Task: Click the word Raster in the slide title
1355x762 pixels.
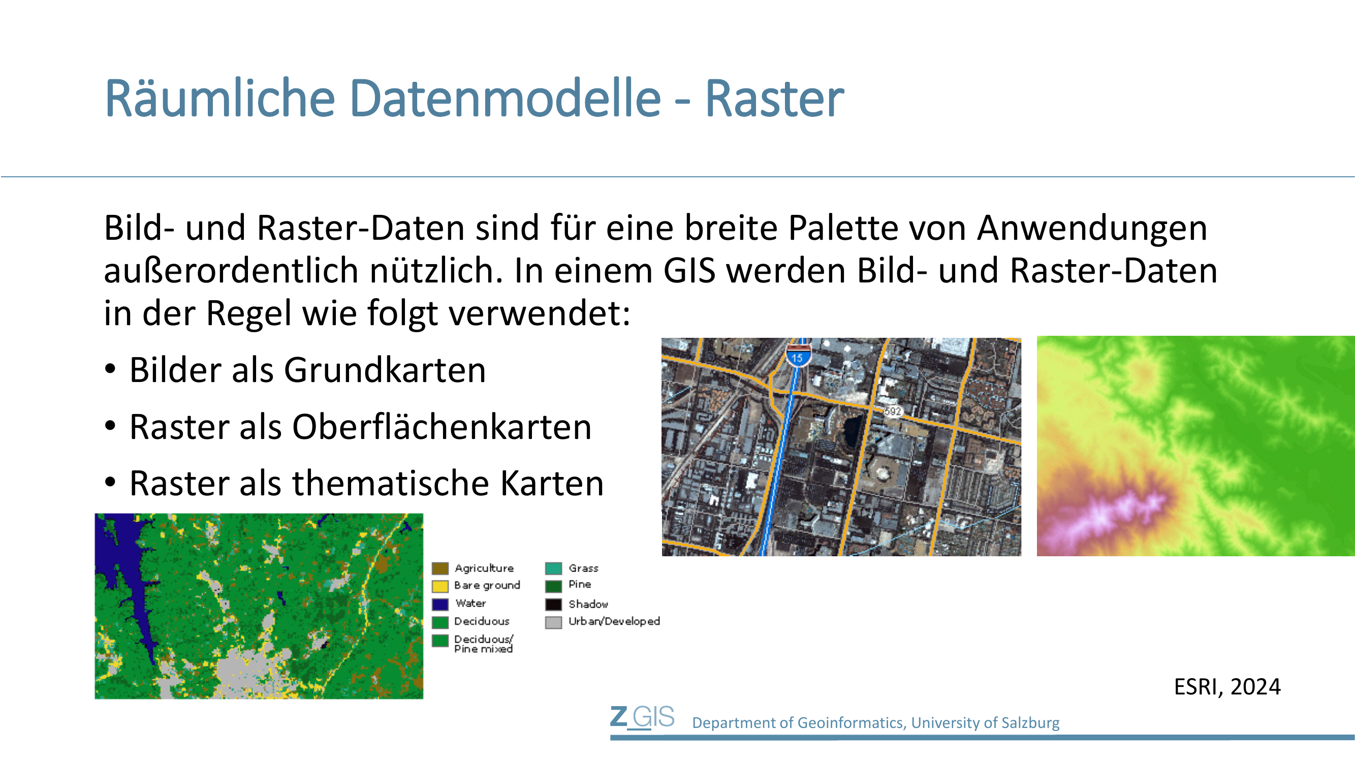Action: [x=774, y=99]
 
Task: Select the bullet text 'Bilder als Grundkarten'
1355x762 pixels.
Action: [x=308, y=370]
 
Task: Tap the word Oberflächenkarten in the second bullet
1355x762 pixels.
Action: [x=442, y=427]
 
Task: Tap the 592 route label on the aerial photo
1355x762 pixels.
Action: [x=893, y=411]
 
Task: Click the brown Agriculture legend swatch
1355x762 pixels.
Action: [x=440, y=568]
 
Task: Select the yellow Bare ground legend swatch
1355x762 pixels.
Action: [x=440, y=586]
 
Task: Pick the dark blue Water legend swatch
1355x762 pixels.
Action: [x=440, y=604]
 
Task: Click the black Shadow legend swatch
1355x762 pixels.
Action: [x=553, y=604]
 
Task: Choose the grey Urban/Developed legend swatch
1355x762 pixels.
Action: [x=553, y=622]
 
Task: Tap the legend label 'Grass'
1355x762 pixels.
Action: [x=583, y=568]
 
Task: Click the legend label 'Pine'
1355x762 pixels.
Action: [x=580, y=584]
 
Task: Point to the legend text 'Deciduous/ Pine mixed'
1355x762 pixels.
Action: [x=483, y=644]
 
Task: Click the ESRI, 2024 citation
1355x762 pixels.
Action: [x=1227, y=687]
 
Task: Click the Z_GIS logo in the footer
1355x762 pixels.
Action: [x=642, y=717]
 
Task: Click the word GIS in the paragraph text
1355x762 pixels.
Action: [x=689, y=270]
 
